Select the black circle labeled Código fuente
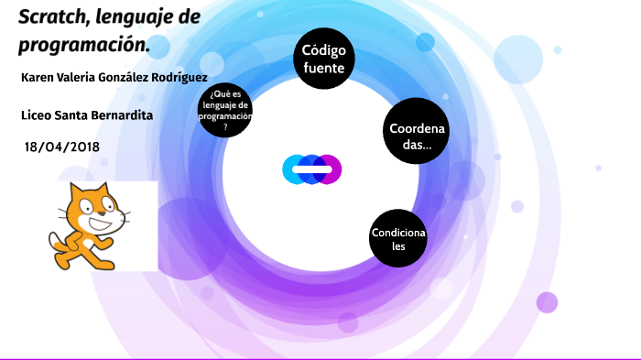click(x=323, y=59)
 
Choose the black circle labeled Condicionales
click(x=398, y=239)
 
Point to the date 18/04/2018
click(x=62, y=147)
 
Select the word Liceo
click(x=36, y=115)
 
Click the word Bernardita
click(x=120, y=115)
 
